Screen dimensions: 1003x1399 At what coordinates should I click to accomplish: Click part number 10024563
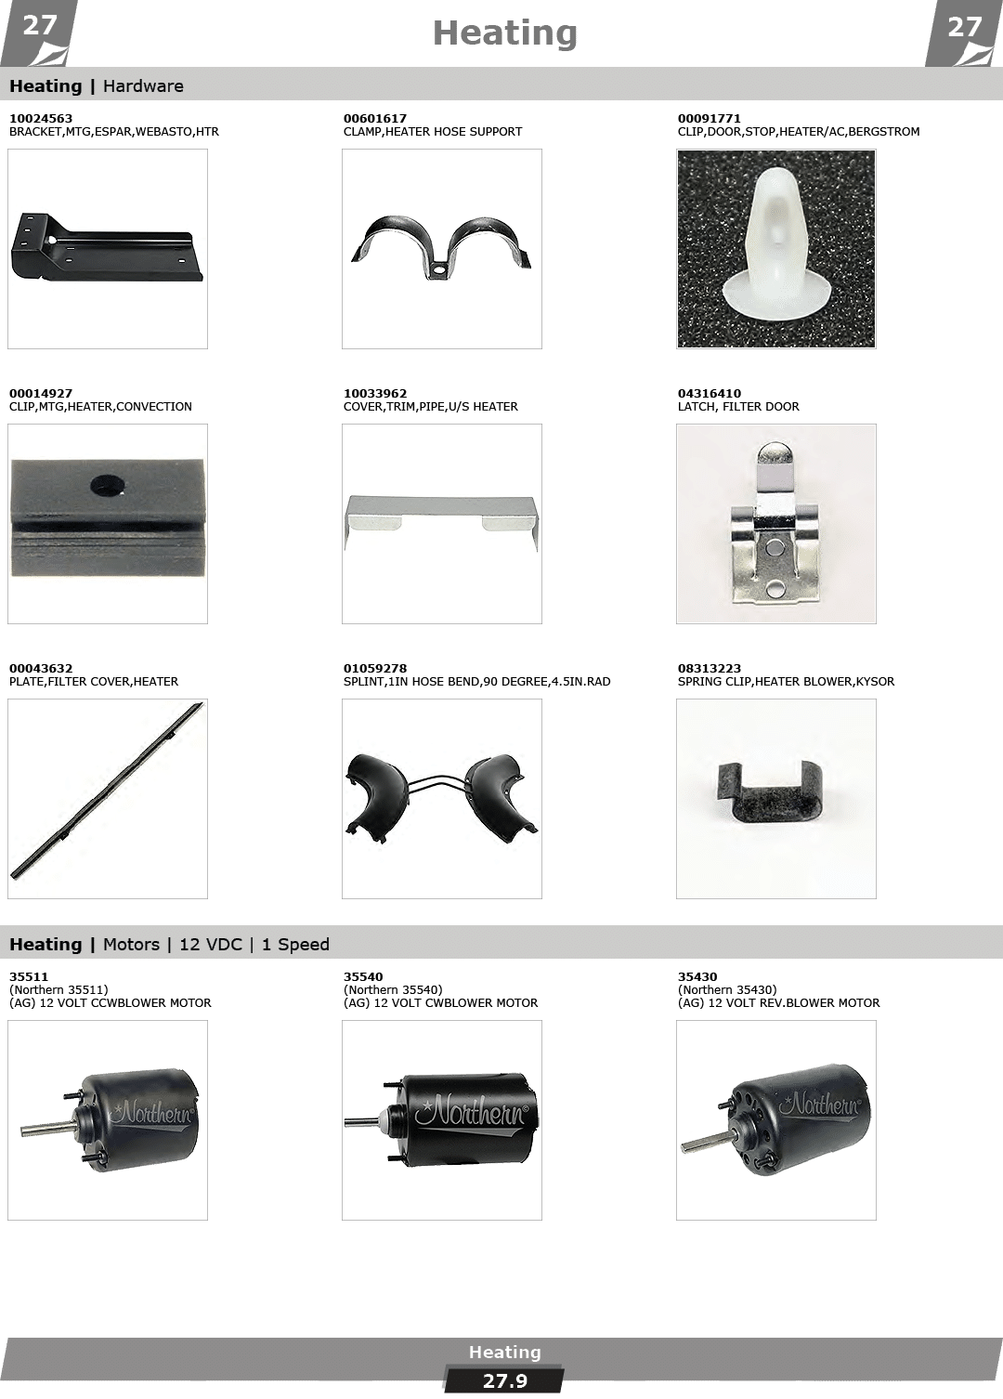41,119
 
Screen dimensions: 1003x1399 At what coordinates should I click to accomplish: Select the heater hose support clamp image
441,249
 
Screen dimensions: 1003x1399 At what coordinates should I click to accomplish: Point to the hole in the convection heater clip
108,485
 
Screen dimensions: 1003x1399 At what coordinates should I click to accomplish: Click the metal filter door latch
775,523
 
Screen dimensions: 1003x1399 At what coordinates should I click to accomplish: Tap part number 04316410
710,394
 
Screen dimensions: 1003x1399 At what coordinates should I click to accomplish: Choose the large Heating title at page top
504,33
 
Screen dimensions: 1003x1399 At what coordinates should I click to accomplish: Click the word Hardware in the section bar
143,86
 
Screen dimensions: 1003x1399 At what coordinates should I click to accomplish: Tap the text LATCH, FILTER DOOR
738,407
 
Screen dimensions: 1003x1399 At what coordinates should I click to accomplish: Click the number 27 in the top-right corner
964,27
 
